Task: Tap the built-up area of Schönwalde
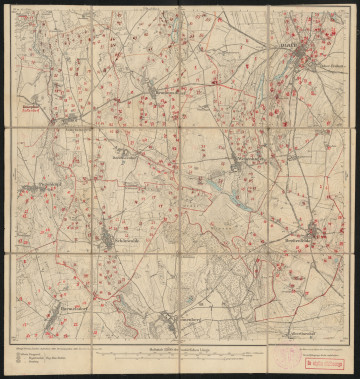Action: (107, 236)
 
